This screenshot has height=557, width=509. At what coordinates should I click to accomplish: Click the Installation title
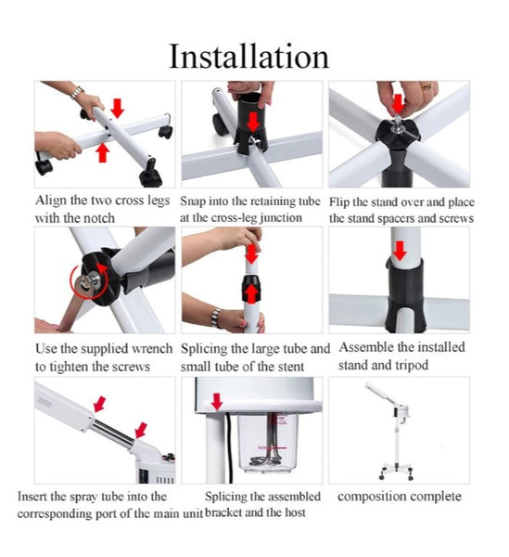pos(249,56)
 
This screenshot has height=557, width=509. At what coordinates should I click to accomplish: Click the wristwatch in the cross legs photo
pos(76,92)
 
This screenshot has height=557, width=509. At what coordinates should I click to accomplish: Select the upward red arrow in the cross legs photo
pos(103,152)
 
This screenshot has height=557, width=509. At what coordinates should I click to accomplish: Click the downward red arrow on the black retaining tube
pos(253,123)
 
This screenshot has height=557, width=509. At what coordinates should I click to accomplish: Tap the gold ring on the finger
pos(427,86)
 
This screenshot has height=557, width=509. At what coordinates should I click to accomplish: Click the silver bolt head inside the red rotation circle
pos(87,280)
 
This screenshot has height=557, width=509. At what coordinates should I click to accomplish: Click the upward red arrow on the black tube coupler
pos(251,294)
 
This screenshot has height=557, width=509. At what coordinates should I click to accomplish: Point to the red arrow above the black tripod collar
pos(401,250)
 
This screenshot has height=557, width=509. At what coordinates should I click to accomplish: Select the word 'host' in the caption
pos(294,512)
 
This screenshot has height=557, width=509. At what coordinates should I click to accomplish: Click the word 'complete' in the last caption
pos(434,497)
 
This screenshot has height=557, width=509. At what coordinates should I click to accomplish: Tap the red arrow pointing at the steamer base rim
pos(216,401)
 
